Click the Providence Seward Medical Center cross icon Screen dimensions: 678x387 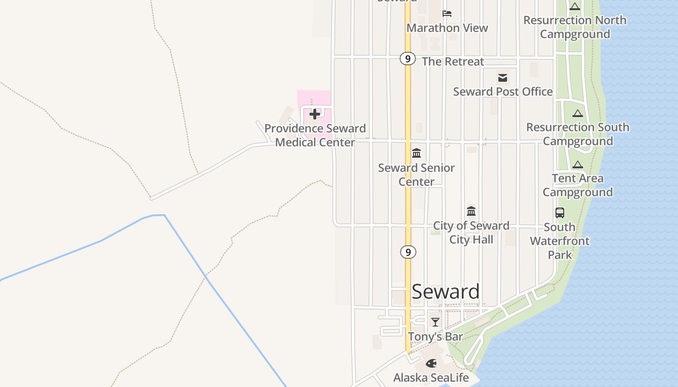315,114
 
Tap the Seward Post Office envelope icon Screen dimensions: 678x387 503,77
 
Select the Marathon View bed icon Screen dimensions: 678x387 447,13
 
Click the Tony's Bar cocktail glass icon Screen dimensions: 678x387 435,322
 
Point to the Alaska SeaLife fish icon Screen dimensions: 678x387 431,363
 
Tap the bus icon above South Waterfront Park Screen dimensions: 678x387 560,212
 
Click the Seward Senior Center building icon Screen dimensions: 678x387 416,153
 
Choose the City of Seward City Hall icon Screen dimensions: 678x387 471,211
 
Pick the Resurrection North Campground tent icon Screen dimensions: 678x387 575,6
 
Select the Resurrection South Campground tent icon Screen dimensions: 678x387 577,113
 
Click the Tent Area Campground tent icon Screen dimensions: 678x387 578,164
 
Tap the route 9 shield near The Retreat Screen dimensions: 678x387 408,59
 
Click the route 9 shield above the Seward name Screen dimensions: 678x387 408,252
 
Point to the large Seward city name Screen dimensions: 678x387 446,291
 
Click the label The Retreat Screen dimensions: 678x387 453,61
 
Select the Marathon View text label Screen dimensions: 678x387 447,28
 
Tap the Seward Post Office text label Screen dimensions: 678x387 503,91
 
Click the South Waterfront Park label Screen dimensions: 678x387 560,241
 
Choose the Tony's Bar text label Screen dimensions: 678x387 435,336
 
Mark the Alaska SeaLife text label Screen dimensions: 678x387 431,377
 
